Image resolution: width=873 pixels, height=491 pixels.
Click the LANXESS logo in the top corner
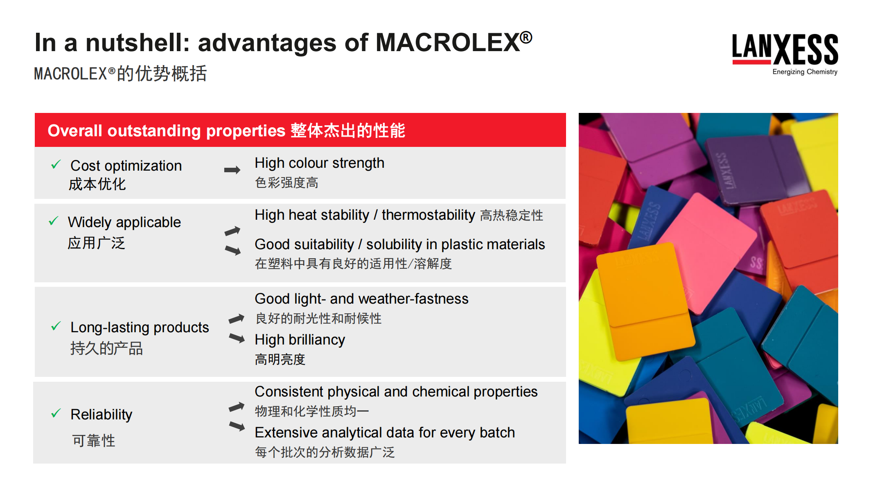tap(785, 50)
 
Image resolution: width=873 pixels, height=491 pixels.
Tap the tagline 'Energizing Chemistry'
tap(805, 72)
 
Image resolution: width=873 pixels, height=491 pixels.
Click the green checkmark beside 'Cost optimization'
tap(56, 164)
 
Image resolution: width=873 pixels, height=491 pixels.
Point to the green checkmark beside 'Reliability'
tap(56, 413)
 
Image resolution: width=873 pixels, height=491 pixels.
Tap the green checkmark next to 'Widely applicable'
tap(54, 221)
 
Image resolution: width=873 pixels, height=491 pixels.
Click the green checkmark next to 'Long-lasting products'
tap(56, 326)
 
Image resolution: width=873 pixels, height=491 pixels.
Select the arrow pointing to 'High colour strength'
tap(232, 170)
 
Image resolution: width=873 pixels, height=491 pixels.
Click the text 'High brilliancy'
tap(300, 340)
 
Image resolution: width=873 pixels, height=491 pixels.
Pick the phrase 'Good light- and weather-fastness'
tap(361, 299)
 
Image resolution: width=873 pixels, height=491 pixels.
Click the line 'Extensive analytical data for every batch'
tap(385, 432)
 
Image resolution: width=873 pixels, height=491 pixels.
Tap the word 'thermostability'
tap(428, 215)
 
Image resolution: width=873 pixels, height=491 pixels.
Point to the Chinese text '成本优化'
tap(97, 184)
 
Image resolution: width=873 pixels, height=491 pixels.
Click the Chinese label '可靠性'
tap(94, 441)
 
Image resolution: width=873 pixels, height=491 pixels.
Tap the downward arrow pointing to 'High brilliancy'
tap(237, 338)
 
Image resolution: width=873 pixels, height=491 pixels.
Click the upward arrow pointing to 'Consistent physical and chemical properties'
tap(237, 407)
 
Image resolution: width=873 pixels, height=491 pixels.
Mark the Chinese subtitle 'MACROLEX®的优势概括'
tap(120, 74)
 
